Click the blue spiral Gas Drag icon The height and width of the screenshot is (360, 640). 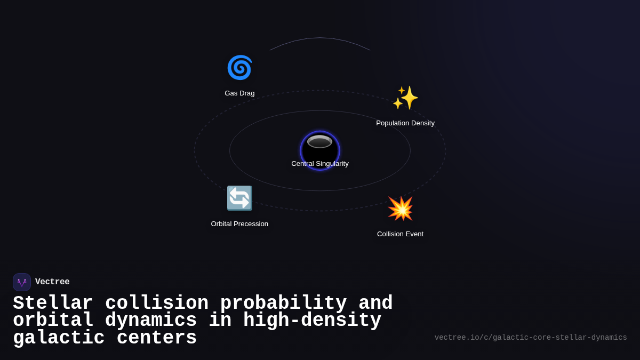(239, 68)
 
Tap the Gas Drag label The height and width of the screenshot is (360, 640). (239, 93)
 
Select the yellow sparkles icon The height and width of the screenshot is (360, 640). (405, 98)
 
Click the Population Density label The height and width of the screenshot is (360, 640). (405, 123)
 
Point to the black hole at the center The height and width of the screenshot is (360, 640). (320, 148)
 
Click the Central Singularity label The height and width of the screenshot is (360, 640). (320, 164)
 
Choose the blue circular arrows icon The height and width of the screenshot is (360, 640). (239, 198)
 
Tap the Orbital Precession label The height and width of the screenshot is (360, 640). (239, 224)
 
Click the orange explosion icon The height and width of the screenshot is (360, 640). (400, 209)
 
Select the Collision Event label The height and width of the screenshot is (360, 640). (400, 234)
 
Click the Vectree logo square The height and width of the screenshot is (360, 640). (22, 282)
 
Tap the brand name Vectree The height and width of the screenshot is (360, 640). (52, 282)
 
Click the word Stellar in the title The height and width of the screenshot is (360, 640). (53, 303)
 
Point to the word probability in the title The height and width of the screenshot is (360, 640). (283, 303)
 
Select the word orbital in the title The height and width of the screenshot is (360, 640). (53, 321)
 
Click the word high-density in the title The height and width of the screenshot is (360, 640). (312, 321)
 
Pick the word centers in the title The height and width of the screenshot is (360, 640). (157, 338)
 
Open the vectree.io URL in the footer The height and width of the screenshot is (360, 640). (531, 338)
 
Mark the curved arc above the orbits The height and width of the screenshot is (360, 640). (320, 38)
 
